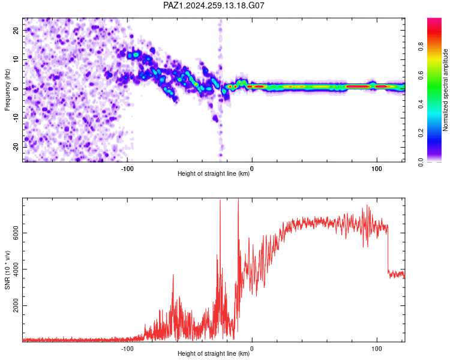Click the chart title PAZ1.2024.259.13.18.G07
click(214, 5)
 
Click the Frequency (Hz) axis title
click(7, 90)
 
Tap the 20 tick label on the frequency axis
click(16, 31)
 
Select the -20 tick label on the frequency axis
click(16, 148)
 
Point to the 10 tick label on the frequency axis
click(16, 59)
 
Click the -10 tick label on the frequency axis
click(16, 118)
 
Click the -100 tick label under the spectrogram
click(127, 169)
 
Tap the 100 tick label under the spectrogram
click(377, 169)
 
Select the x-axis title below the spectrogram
click(214, 173)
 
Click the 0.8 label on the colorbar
click(421, 47)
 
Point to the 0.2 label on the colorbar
click(421, 133)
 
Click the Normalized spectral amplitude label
click(445, 90)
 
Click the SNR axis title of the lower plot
click(7, 270)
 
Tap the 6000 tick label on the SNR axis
click(16, 233)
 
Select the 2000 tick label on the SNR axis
click(16, 305)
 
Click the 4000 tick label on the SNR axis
click(16, 269)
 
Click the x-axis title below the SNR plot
click(214, 353)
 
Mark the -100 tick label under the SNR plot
click(127, 349)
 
